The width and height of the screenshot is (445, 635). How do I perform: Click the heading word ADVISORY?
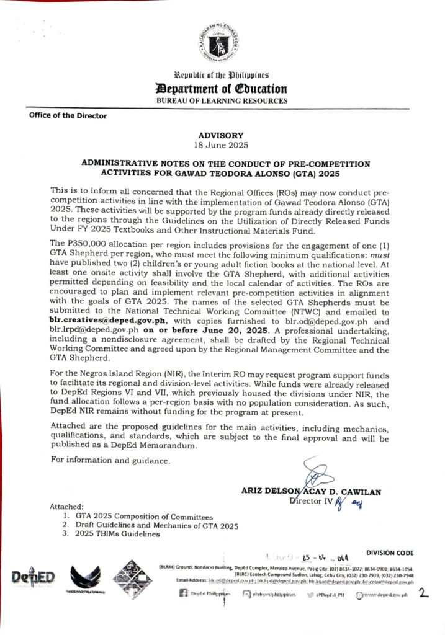[222, 135]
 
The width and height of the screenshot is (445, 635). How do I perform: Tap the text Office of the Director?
[67, 116]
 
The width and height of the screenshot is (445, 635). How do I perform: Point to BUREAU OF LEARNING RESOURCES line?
[222, 100]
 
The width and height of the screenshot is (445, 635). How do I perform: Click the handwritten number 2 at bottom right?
[424, 594]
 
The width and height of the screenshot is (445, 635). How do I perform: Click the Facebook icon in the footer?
[183, 594]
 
